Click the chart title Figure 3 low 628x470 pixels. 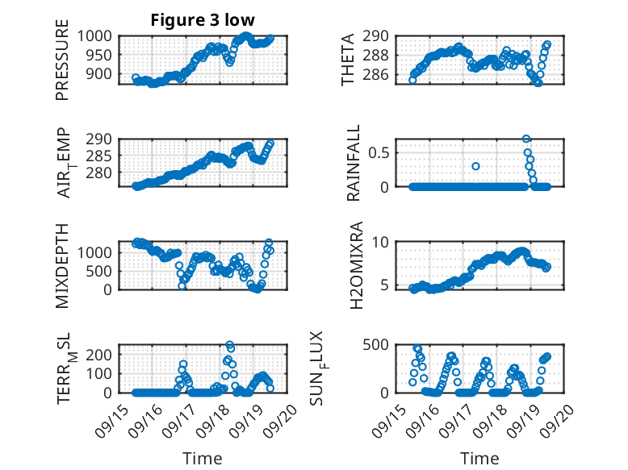(203, 20)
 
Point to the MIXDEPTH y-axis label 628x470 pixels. (62, 266)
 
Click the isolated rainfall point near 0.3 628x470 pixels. (476, 166)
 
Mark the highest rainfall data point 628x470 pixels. (526, 139)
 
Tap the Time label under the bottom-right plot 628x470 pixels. (479, 458)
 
